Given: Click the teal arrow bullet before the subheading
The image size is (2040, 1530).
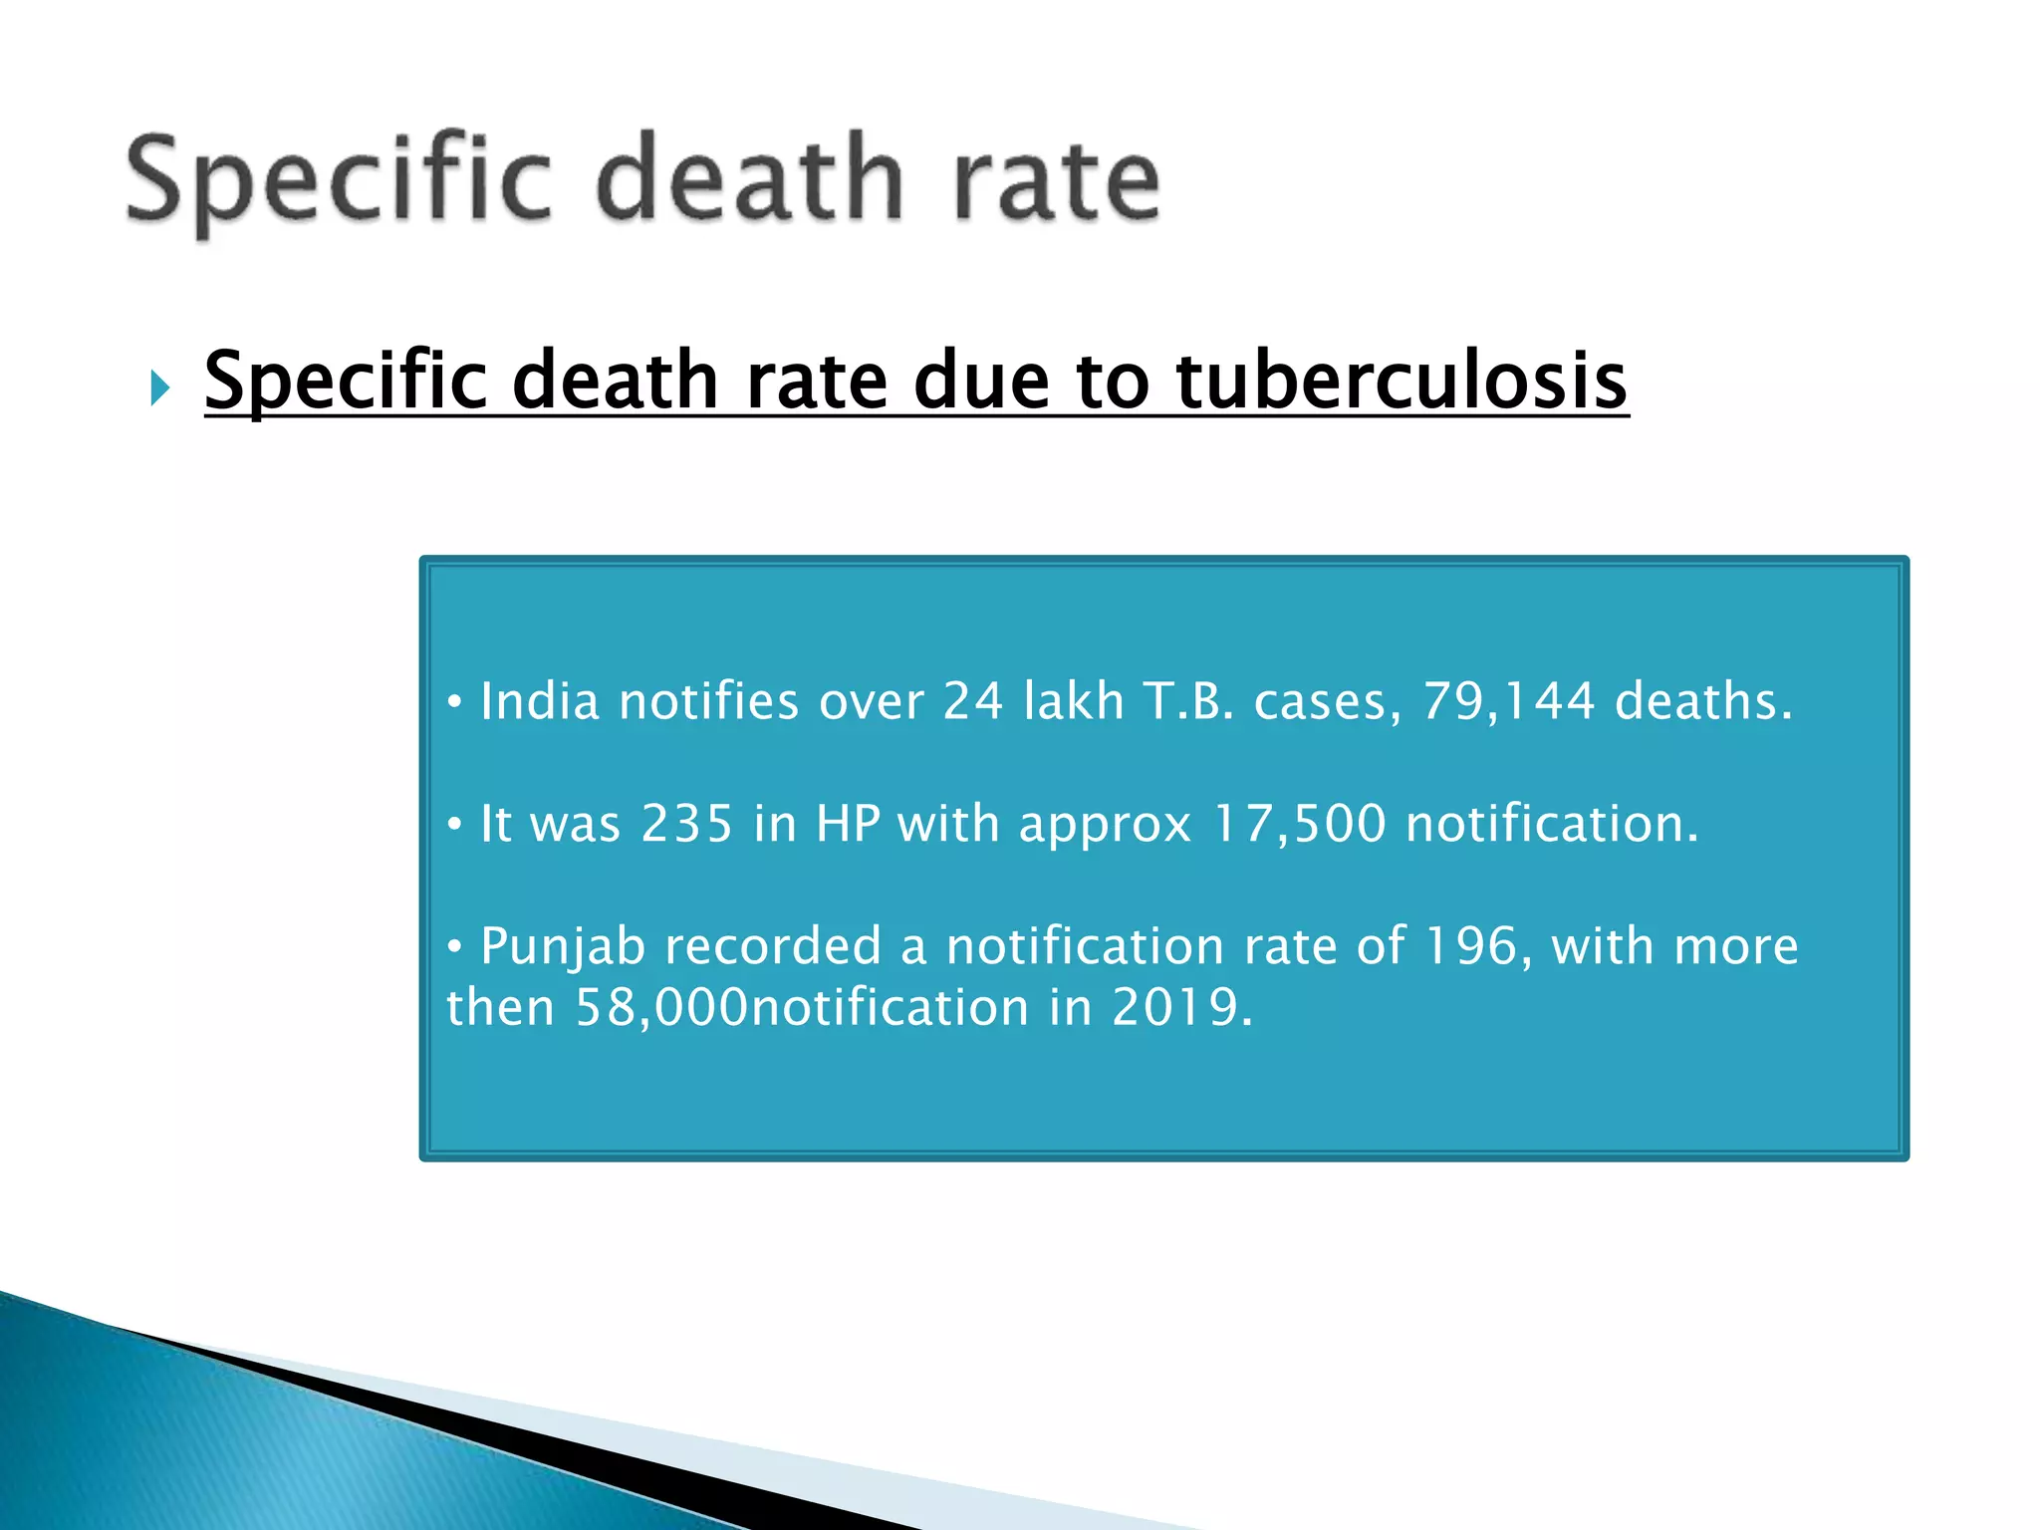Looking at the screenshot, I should click(x=159, y=386).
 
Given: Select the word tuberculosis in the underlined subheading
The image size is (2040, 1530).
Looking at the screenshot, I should click(x=1402, y=381).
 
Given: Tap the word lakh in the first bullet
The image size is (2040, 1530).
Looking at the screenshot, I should click(x=1073, y=701).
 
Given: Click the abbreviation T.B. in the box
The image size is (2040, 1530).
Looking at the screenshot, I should click(x=1188, y=701).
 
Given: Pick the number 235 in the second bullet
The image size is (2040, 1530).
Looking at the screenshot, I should click(x=686, y=825).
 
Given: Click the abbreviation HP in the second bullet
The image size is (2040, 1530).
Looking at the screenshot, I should click(x=848, y=825).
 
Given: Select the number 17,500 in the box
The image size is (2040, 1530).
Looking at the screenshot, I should click(x=1299, y=825).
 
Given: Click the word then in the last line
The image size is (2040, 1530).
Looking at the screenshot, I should click(x=500, y=1008).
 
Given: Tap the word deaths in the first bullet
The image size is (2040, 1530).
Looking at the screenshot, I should click(x=1702, y=701).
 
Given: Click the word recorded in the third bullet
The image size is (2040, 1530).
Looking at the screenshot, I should click(x=773, y=946).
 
